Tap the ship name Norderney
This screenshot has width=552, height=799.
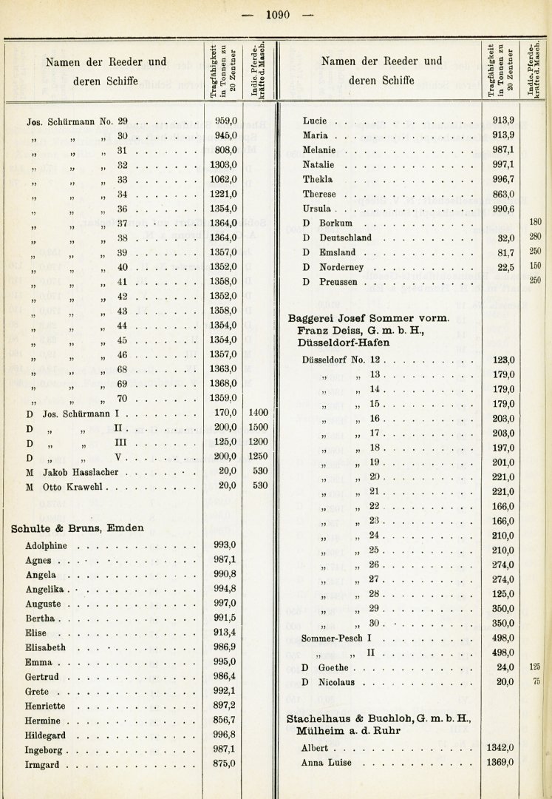[347, 267]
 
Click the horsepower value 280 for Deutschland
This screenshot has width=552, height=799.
[535, 237]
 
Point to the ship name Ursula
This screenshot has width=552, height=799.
[317, 209]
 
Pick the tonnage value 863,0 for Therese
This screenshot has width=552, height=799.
[502, 194]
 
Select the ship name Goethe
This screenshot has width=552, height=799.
[333, 667]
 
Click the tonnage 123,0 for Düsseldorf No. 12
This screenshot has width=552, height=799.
[502, 360]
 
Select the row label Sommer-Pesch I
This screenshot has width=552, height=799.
[335, 638]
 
